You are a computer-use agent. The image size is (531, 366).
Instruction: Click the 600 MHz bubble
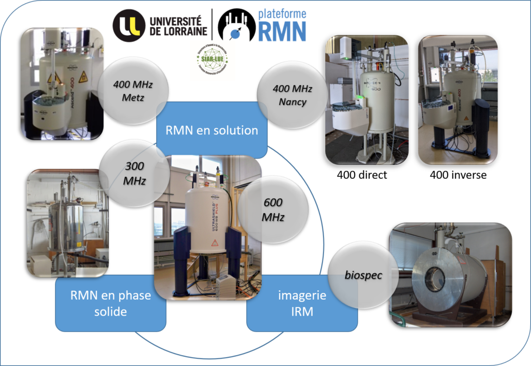tap(273, 210)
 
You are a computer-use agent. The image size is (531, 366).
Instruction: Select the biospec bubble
tap(363, 275)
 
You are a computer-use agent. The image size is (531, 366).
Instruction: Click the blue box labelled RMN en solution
tap(212, 130)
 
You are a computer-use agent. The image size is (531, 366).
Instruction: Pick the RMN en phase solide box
tap(110, 303)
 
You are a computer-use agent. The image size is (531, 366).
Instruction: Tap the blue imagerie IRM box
tap(302, 303)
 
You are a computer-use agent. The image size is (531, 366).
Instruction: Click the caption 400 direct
tap(362, 175)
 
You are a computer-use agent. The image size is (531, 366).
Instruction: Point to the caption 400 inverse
tap(458, 175)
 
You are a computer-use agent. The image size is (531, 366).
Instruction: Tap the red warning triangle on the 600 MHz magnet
tap(214, 243)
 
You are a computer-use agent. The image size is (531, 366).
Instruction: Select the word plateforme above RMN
tap(282, 13)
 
